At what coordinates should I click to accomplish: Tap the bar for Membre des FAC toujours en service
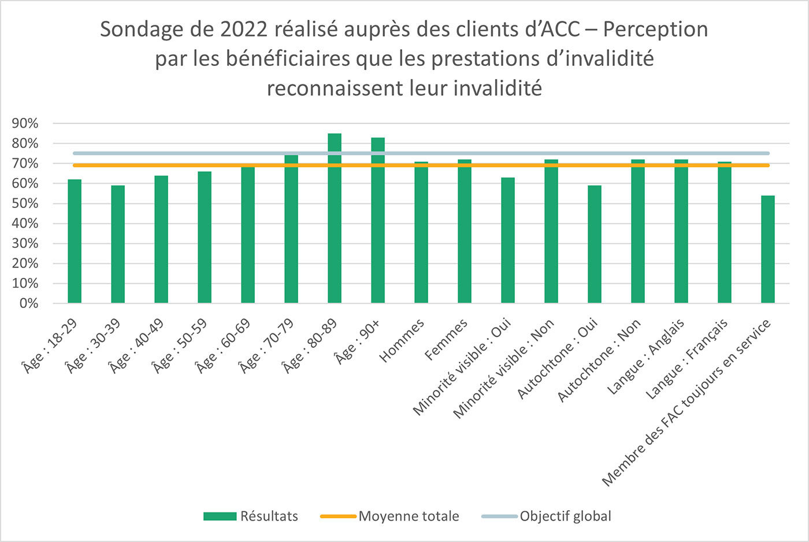[767, 250]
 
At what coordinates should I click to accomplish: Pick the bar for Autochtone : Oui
[594, 244]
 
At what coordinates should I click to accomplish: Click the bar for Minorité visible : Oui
[508, 240]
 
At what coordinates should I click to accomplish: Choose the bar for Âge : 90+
[378, 220]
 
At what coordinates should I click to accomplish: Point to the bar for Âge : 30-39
[118, 244]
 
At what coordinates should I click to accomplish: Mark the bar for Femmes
[465, 231]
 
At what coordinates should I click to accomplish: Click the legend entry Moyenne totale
[409, 516]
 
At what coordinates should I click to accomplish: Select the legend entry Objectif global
[565, 516]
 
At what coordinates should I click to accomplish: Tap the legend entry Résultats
[269, 516]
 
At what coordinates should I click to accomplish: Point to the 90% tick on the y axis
[25, 124]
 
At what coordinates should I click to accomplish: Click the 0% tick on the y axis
[28, 303]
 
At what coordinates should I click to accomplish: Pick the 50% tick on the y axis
[25, 203]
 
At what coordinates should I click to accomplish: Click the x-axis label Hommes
[402, 340]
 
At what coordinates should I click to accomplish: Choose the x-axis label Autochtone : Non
[599, 361]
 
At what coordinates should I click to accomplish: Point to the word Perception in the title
[655, 29]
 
